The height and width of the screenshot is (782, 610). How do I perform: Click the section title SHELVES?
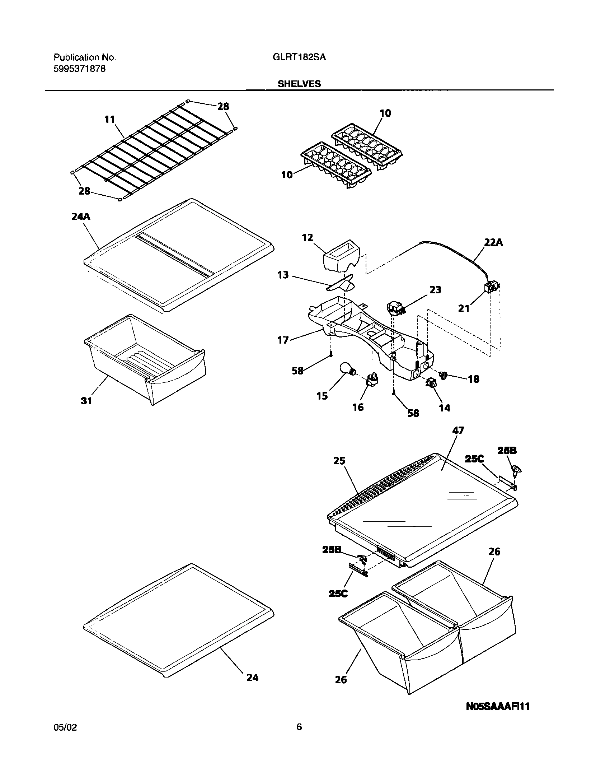coord(299,84)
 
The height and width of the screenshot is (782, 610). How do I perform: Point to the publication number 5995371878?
coord(80,69)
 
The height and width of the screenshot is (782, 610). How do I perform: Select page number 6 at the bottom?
coord(299,737)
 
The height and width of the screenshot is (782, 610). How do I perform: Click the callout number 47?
coord(458,430)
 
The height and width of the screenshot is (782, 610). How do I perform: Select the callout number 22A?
coord(493,243)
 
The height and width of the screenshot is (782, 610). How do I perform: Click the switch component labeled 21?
coord(491,288)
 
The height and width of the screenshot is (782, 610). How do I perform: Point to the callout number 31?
coord(86,401)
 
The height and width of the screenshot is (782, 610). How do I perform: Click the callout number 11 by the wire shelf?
coord(110,119)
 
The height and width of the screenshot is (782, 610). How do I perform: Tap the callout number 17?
coord(283,340)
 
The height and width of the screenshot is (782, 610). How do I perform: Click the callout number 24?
coord(252,678)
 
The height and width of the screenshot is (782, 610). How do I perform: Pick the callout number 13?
coord(283,275)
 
